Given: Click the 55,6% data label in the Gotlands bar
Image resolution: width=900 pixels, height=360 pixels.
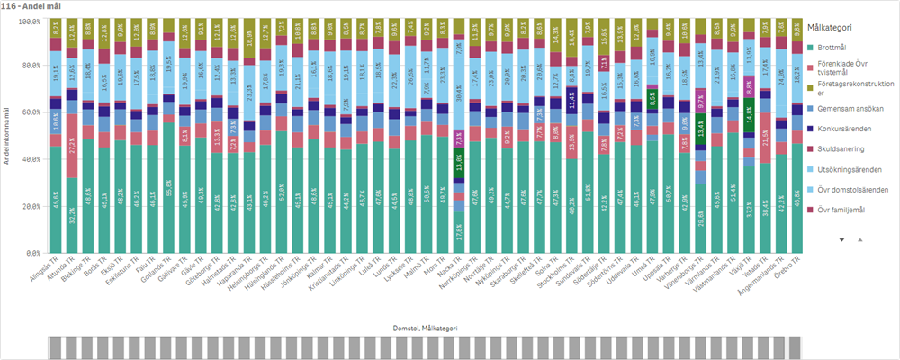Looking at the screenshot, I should [168, 187].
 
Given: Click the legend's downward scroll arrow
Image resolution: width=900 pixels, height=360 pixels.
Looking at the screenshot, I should [842, 240].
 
